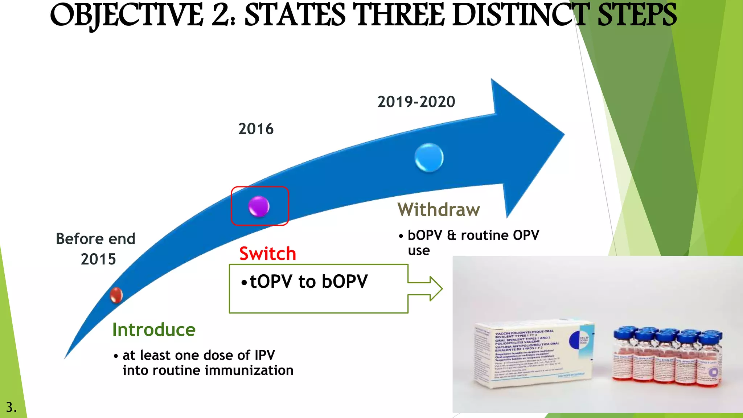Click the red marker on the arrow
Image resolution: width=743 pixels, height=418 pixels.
[x=116, y=295]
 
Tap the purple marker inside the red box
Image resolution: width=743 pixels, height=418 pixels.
[x=259, y=206]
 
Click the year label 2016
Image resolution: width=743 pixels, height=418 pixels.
[x=256, y=129]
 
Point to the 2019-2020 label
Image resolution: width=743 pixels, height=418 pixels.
[x=416, y=102]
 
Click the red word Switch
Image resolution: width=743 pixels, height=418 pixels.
[x=268, y=253]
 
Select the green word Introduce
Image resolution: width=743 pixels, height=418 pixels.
[x=154, y=330]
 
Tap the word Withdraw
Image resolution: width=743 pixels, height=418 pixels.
[x=439, y=210]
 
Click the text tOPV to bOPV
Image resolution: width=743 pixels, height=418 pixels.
[x=308, y=282]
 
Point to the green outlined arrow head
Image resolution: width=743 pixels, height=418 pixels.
[x=435, y=288]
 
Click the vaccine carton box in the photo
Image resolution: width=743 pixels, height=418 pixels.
[x=533, y=354]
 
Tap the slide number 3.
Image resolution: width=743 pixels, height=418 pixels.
[x=11, y=407]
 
